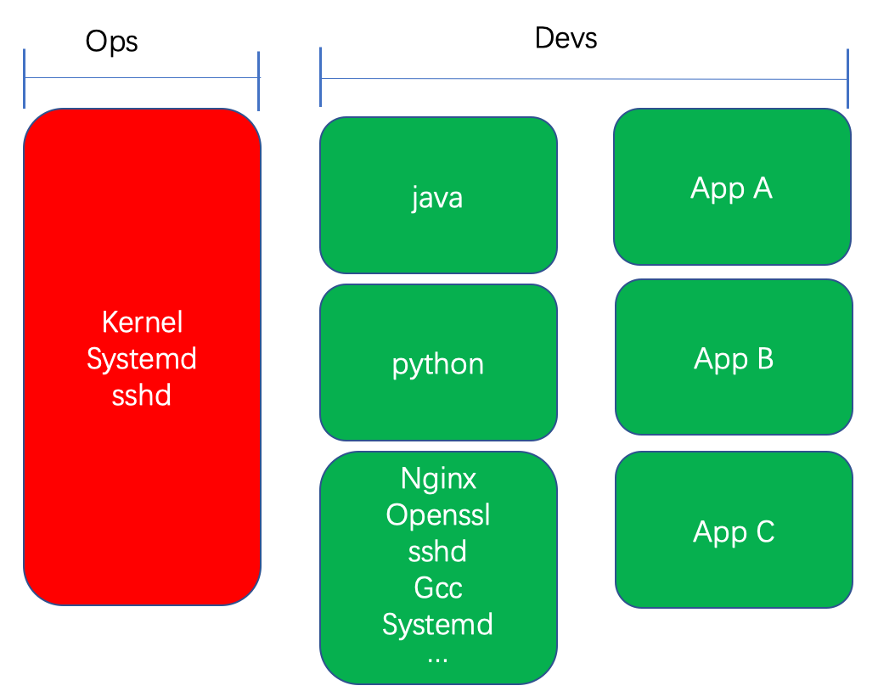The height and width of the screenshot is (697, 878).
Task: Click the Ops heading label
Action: pos(111,42)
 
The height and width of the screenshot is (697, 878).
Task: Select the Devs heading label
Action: pos(566,38)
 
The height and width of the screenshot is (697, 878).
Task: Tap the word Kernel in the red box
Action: pos(142,322)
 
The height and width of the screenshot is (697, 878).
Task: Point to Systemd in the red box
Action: pos(142,359)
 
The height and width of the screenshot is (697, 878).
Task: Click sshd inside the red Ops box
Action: pos(141,396)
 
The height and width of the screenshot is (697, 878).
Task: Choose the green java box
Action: pos(438,194)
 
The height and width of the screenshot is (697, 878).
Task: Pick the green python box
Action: pos(438,363)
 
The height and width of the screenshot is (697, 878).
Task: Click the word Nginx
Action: pos(438,479)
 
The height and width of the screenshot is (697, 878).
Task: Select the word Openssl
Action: pos(438,514)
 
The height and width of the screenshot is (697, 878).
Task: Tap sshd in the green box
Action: pos(437,552)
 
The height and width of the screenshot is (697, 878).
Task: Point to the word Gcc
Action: pos(438,587)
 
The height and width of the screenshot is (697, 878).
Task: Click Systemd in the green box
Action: pos(437,624)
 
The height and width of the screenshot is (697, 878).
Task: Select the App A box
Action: pos(733,187)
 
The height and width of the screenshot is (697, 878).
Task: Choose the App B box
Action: pos(734,357)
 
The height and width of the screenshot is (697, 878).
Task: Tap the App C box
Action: pos(734,530)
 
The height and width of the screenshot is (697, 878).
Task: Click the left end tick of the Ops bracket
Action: pos(24,78)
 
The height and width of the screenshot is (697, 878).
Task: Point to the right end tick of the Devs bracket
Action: pos(847,79)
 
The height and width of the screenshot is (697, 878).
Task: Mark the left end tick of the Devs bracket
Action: pos(320,76)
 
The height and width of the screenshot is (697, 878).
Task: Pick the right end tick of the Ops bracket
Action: pos(258,82)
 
